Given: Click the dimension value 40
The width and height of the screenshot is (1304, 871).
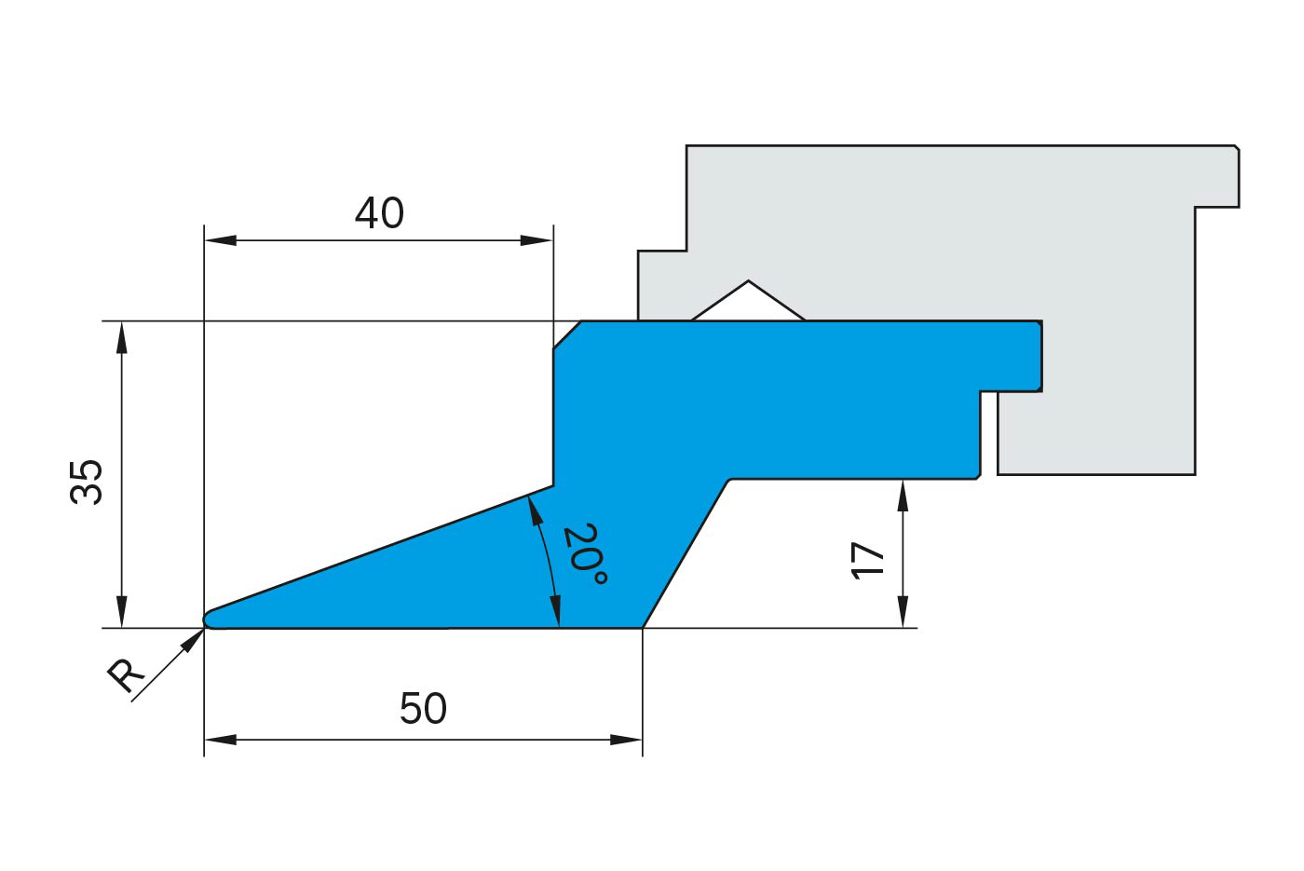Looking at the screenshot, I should (379, 214).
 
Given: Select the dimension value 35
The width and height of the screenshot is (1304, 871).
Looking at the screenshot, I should (87, 482).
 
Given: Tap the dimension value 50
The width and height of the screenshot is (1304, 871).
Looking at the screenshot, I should (423, 709).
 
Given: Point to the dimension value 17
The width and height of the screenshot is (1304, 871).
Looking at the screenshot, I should (867, 561).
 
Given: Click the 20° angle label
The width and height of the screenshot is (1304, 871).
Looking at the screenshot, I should (584, 555).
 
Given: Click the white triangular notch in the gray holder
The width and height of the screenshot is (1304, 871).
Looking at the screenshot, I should (748, 303).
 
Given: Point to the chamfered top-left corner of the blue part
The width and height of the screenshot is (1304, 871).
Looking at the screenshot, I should (567, 335).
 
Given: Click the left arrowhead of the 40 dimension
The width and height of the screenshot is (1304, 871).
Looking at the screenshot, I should (219, 240).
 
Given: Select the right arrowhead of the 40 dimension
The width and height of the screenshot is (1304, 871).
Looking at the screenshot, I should (538, 240).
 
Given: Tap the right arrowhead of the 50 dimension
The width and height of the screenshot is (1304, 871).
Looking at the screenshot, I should (627, 740).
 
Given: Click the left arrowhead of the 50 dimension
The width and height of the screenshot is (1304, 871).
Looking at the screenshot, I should (219, 740).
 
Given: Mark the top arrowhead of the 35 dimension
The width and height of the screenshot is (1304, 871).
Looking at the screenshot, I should (120, 336).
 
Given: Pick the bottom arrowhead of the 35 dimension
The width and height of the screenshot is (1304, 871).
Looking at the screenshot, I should (120, 613).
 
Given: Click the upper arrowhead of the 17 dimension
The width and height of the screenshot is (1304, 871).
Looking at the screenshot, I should (902, 495).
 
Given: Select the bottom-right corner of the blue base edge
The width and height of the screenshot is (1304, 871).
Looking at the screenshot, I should (642, 627).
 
